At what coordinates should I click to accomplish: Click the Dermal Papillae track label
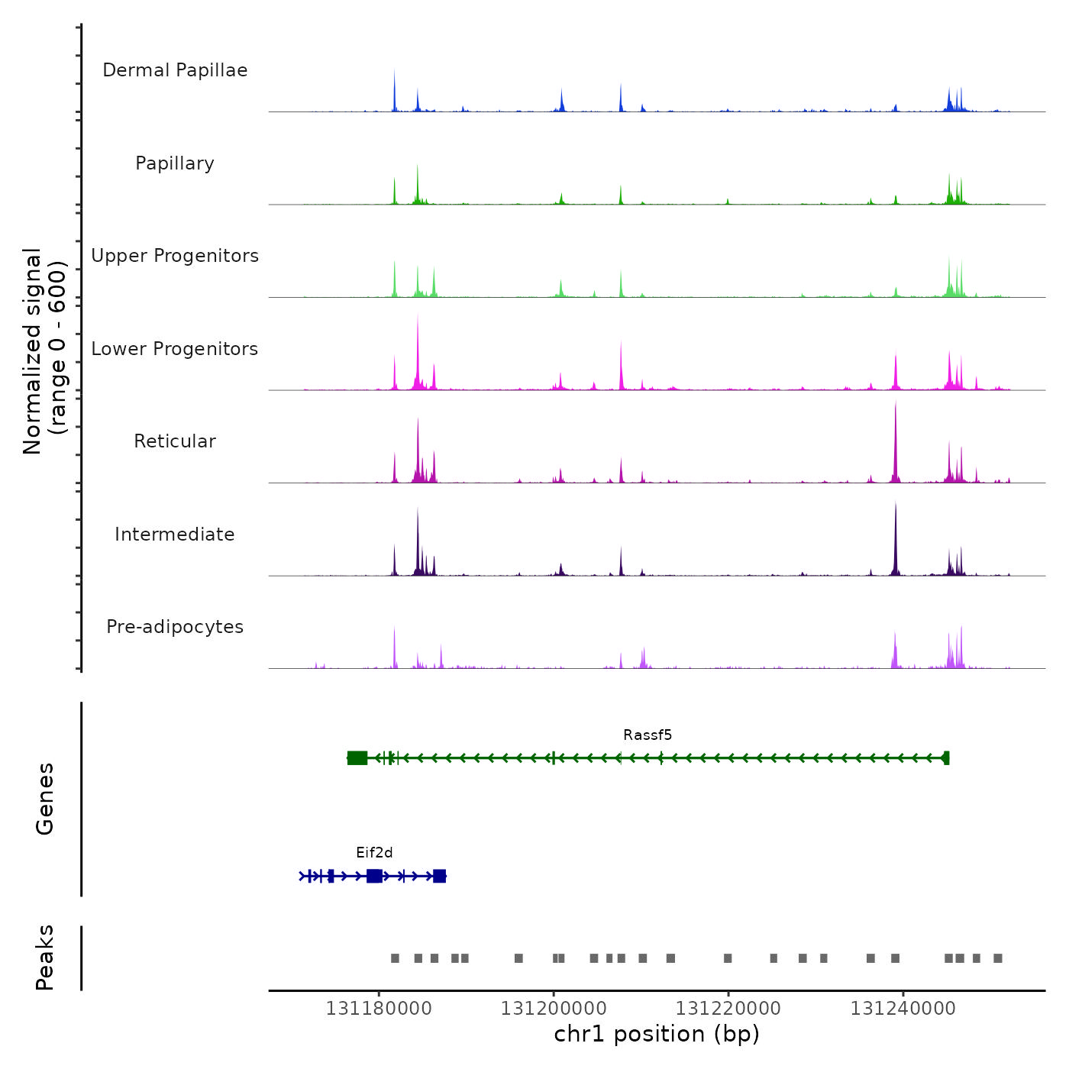(175, 70)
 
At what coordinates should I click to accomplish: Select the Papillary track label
(175, 163)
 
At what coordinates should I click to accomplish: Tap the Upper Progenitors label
(175, 256)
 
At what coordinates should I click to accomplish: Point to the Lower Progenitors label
(175, 349)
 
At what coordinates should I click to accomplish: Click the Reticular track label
(175, 441)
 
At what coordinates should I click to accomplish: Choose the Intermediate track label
(175, 534)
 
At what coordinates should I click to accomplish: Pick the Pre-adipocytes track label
(175, 627)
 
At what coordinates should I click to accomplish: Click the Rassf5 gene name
(648, 735)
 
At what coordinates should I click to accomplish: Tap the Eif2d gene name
(374, 853)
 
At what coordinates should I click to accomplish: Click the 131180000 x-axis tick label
(379, 1009)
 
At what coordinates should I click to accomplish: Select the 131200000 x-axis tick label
(554, 1009)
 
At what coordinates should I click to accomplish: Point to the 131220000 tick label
(728, 1009)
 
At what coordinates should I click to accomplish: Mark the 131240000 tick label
(903, 1009)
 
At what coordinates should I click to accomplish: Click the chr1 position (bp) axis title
(657, 1034)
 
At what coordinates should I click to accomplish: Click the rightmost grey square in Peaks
(997, 958)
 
